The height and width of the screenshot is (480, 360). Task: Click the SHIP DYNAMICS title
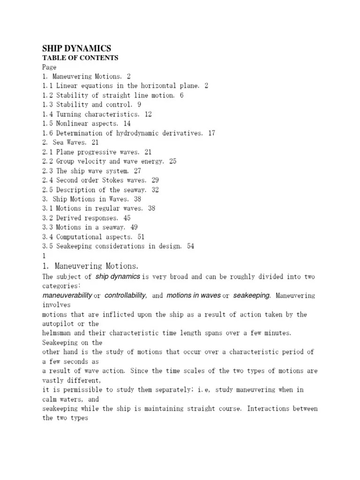pyautogui.click(x=76, y=48)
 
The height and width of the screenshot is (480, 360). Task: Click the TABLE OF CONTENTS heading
pyautogui.click(x=80, y=58)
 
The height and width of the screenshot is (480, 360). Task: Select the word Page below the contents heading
pyautogui.click(x=49, y=67)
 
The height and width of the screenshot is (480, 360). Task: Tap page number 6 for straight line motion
pyautogui.click(x=181, y=95)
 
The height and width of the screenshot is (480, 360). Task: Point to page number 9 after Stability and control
pyautogui.click(x=139, y=105)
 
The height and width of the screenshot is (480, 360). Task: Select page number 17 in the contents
pyautogui.click(x=211, y=133)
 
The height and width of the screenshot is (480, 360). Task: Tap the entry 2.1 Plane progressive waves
pyautogui.click(x=90, y=152)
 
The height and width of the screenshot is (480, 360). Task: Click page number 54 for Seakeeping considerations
pyautogui.click(x=190, y=246)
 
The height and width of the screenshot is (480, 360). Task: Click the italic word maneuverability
pyautogui.click(x=67, y=296)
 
